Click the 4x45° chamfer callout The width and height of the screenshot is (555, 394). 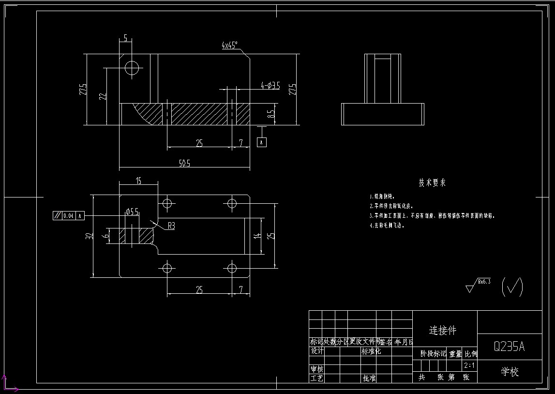click(229, 45)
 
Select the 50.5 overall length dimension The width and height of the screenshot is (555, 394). click(184, 164)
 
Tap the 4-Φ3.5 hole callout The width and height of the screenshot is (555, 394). click(270, 86)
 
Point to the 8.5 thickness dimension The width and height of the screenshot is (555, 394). click(271, 114)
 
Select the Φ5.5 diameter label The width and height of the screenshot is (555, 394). click(132, 212)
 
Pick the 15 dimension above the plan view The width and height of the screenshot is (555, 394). click(138, 181)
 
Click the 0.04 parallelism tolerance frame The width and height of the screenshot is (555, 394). click(68, 215)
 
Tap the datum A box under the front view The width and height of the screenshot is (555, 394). click(262, 142)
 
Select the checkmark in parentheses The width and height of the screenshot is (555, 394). click(512, 287)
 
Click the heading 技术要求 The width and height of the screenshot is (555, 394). click(432, 183)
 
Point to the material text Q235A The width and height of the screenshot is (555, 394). click(509, 347)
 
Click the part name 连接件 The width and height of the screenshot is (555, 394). click(443, 331)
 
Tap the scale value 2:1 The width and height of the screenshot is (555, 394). click(469, 365)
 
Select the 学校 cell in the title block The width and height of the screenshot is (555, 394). click(510, 372)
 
